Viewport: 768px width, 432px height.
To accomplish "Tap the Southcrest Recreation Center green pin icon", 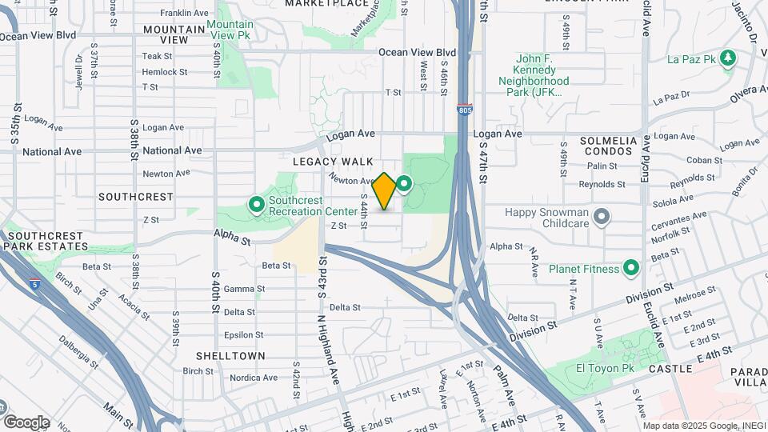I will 257,206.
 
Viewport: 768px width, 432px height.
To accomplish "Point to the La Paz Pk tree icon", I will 727,58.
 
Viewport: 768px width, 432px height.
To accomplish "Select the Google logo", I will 26,422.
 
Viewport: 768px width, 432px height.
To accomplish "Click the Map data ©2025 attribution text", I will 703,426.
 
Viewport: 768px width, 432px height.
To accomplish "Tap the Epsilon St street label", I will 243,334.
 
